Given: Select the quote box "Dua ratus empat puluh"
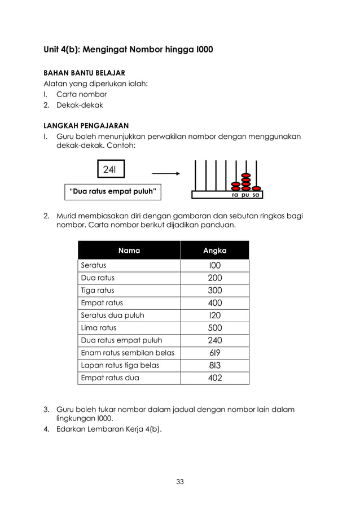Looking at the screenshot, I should click(x=112, y=192).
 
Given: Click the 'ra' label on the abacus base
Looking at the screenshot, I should click(x=235, y=195).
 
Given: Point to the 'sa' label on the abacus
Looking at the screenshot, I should click(x=256, y=195).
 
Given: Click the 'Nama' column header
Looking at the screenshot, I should click(x=129, y=251).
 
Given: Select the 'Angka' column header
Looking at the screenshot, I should click(x=214, y=251).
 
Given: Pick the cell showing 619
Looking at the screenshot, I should click(x=214, y=353).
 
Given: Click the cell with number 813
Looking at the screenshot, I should click(x=214, y=365).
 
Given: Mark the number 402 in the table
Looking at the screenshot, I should click(x=214, y=378).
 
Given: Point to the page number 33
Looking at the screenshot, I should click(x=180, y=481).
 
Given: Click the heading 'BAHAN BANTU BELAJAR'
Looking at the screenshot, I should click(x=85, y=73).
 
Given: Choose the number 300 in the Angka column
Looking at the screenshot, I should click(x=214, y=291).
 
